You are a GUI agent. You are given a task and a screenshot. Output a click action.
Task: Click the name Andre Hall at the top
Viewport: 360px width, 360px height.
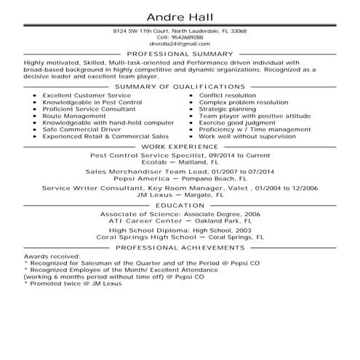180,17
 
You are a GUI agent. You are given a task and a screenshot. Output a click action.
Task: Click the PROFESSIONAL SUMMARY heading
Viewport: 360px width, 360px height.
180,54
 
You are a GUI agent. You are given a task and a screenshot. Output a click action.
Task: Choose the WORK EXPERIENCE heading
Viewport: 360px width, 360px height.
180,146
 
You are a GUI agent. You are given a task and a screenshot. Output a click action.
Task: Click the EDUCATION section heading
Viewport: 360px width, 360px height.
180,207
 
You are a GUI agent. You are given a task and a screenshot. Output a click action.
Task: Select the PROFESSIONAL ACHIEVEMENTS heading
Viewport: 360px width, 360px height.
180,247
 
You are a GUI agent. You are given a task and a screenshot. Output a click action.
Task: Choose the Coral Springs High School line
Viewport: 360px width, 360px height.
180,237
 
